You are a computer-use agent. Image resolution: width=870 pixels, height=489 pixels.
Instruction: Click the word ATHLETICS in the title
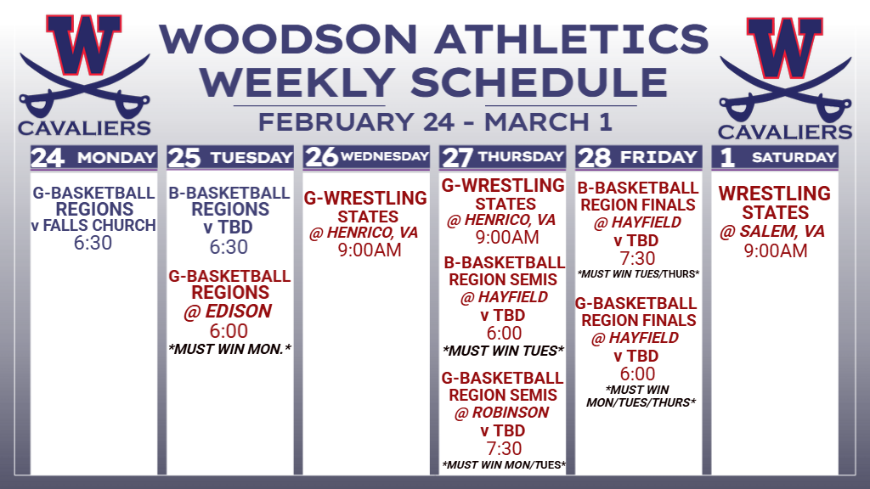click(x=572, y=39)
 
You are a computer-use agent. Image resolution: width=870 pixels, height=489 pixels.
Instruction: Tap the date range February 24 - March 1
click(x=435, y=122)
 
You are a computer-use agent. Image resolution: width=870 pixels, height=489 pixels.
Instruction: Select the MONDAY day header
click(x=116, y=157)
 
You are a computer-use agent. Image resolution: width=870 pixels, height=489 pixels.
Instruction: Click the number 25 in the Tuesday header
click(x=184, y=157)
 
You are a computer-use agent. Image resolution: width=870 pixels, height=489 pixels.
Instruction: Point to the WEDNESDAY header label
click(x=385, y=156)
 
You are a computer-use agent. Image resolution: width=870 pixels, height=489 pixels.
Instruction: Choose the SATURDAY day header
click(x=794, y=157)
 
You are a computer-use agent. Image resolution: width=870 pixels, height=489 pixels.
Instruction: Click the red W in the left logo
click(x=84, y=44)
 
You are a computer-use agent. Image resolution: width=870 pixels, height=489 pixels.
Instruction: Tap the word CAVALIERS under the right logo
click(x=784, y=132)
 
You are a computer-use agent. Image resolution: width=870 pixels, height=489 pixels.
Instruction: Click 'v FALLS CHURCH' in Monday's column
click(x=93, y=226)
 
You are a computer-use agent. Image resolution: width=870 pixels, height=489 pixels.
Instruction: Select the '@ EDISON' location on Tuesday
click(x=228, y=311)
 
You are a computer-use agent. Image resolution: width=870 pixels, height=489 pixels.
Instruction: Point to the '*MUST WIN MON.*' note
click(x=229, y=349)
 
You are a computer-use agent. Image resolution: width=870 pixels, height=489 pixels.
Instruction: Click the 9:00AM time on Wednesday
click(x=370, y=250)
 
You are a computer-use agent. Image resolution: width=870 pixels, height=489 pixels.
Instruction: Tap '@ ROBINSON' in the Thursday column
click(x=501, y=413)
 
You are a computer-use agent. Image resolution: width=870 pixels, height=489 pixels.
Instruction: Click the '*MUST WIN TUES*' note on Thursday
click(x=503, y=351)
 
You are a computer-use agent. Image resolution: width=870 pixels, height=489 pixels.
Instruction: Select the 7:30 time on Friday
click(x=637, y=258)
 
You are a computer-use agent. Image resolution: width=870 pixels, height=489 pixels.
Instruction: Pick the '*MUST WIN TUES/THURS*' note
click(x=638, y=274)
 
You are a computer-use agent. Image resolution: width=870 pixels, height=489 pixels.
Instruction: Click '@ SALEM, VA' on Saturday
click(x=771, y=231)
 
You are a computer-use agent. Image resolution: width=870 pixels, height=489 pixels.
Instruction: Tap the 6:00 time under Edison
click(x=229, y=331)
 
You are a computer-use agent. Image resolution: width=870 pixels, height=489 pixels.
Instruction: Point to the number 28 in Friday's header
click(x=594, y=157)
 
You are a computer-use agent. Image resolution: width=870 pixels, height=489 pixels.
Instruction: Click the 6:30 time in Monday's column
click(x=93, y=243)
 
